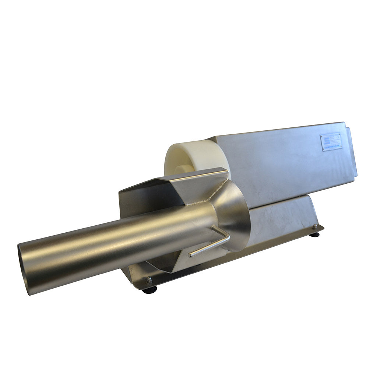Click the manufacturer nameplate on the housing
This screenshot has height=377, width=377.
click(330, 142)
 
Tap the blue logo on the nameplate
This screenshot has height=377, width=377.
click(324, 138)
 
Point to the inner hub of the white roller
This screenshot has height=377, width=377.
click(183, 169)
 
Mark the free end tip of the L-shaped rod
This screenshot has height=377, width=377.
click(190, 255)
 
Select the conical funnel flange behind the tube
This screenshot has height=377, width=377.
click(236, 214)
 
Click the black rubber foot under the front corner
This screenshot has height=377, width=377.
click(149, 290)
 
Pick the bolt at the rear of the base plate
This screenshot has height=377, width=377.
click(315, 227)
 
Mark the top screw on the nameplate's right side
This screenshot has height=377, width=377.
click(339, 135)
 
